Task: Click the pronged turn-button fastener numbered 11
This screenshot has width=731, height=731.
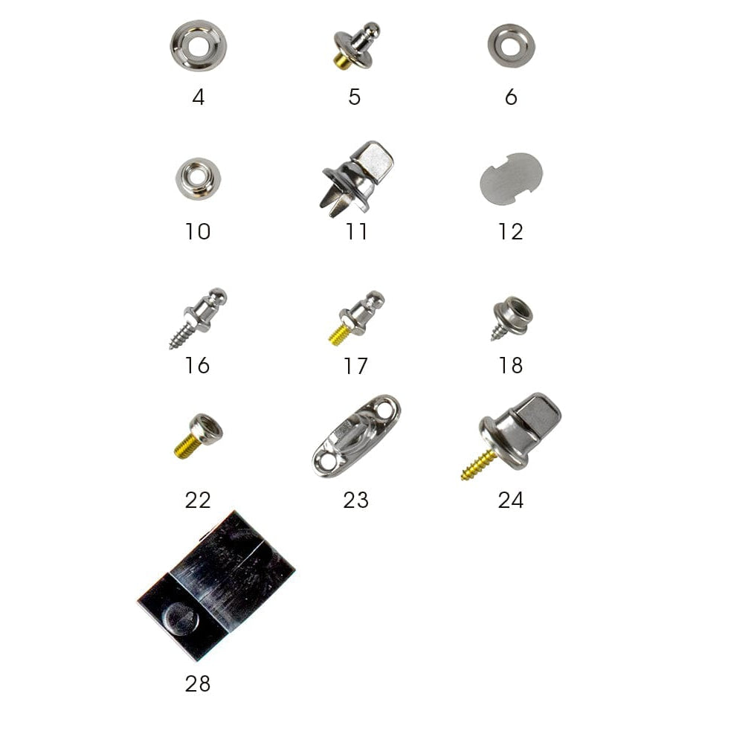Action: [358, 178]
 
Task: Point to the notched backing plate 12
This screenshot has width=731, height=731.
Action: [511, 179]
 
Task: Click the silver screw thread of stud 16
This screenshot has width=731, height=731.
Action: [179, 335]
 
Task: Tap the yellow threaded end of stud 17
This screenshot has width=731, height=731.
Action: [339, 335]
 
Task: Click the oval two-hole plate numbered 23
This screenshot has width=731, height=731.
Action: [355, 437]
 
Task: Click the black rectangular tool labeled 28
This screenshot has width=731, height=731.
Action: [216, 585]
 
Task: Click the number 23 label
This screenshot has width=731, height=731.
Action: [355, 500]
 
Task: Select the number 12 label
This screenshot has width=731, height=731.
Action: [510, 232]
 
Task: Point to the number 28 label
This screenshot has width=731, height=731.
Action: [198, 684]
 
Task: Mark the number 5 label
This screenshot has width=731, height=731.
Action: [354, 97]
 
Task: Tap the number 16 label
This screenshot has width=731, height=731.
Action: [197, 366]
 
